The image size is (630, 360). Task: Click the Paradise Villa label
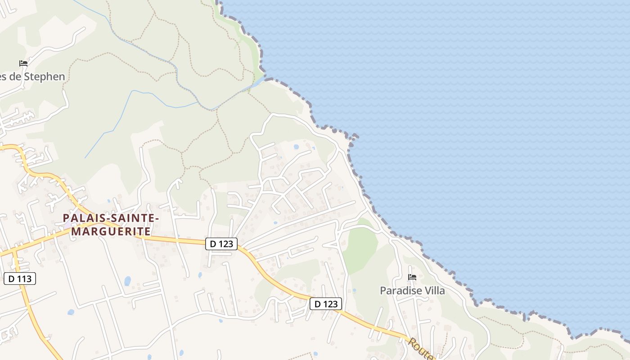pos(412,291)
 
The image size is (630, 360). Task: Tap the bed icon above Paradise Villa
pos(412,277)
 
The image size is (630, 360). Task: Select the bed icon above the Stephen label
pos(23,63)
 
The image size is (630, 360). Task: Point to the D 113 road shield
pos(20,279)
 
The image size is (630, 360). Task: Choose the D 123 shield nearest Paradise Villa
pos(326,304)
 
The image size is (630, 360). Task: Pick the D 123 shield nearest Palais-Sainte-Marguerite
pos(221,244)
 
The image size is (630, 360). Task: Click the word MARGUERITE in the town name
pos(111,232)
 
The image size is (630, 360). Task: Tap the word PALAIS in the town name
pos(82,218)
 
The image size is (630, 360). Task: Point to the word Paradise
pos(400,291)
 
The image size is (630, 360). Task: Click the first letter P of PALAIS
pos(67,218)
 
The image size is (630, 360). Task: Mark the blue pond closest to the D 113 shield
pos(71,312)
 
